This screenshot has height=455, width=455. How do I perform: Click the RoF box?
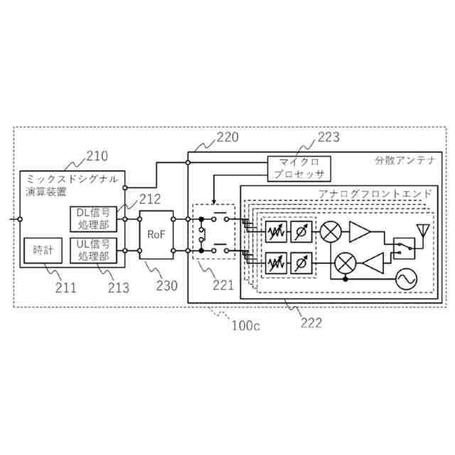click(x=156, y=234)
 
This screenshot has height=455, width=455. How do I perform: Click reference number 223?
click(x=328, y=137)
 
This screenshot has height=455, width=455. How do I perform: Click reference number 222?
click(x=310, y=322)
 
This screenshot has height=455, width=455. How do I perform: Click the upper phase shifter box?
click(x=301, y=231)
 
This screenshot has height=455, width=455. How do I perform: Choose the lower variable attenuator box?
click(x=274, y=263)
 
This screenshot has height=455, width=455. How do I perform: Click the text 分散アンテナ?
click(x=405, y=161)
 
